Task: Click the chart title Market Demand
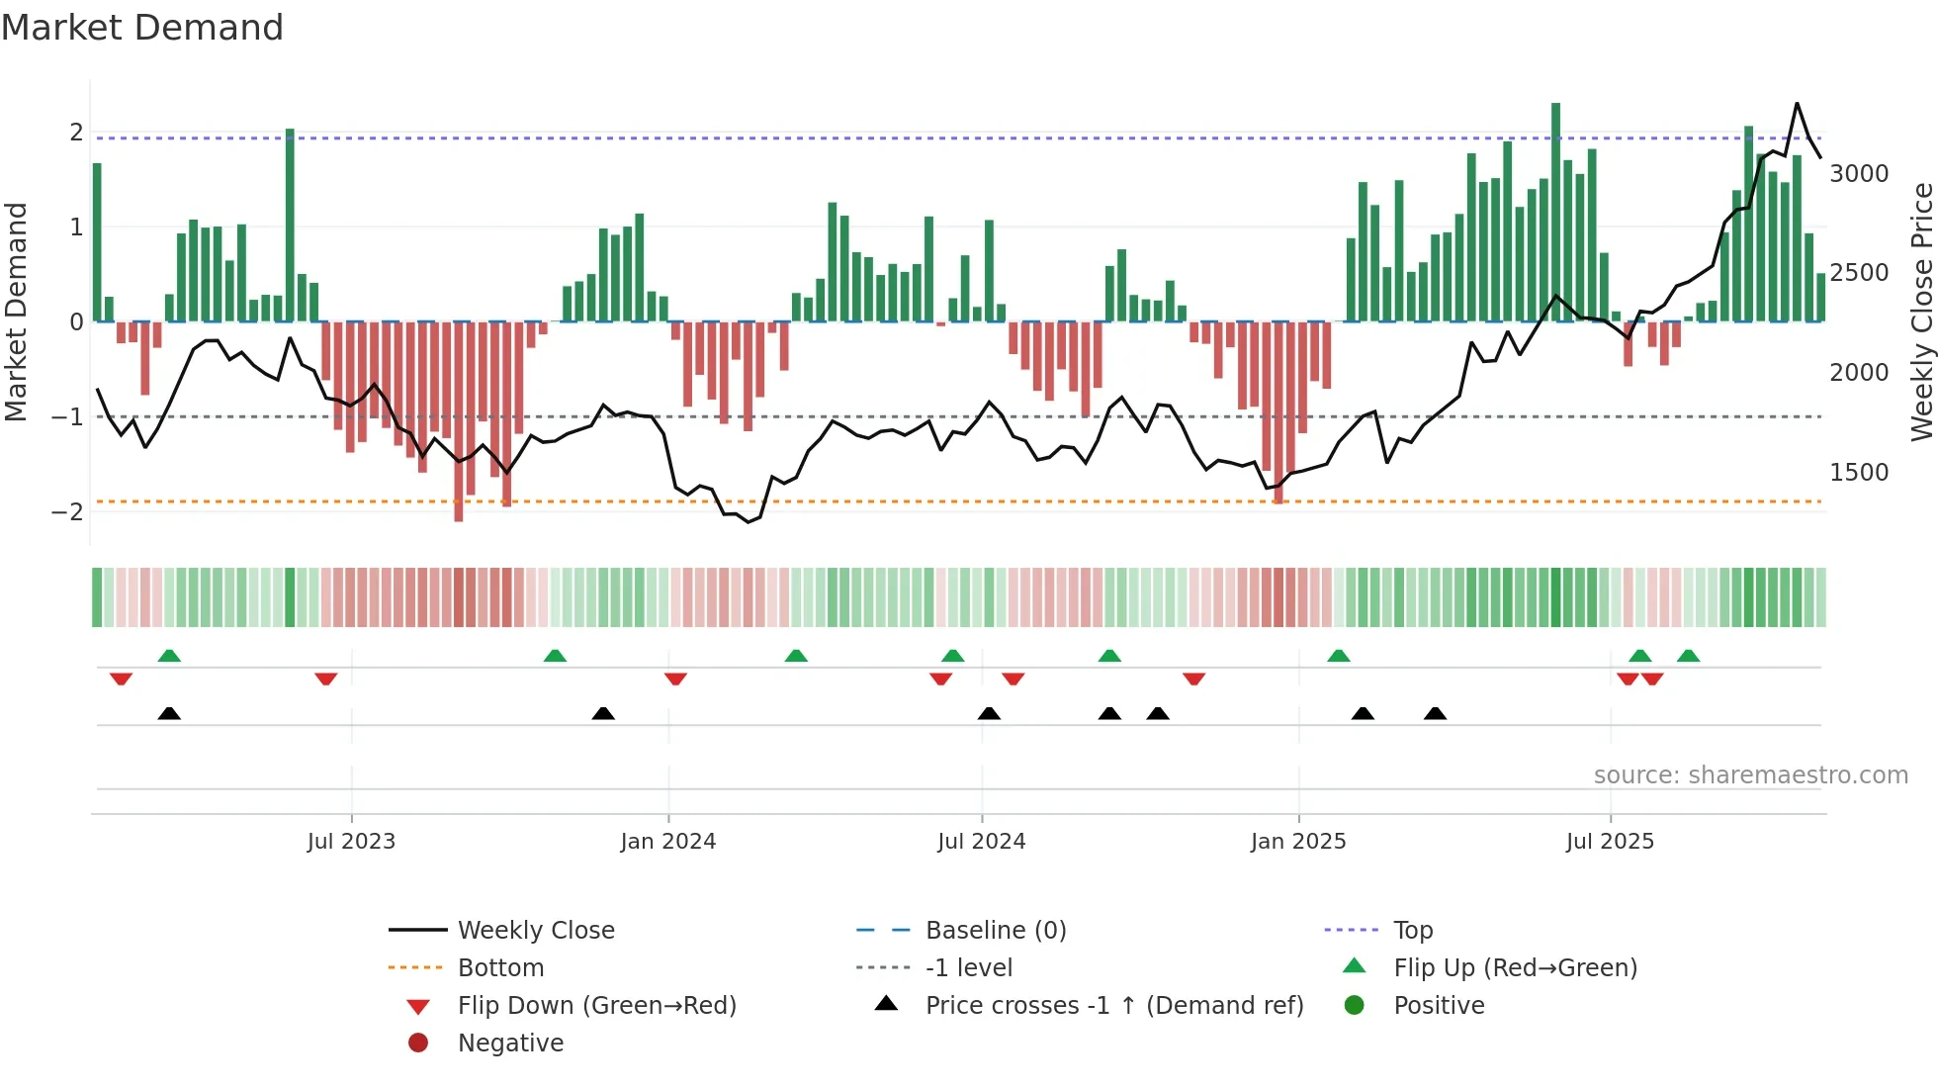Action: pos(142,28)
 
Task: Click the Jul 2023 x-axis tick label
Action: pos(351,842)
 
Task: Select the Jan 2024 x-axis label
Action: pos(667,842)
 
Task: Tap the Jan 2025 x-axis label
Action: pos(1297,842)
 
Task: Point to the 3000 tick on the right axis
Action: pos(1859,174)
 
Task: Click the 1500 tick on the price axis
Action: pos(1859,473)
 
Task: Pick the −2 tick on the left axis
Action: pos(67,512)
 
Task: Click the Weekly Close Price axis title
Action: pos(1921,312)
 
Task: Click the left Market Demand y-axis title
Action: pos(17,312)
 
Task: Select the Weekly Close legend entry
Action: pos(535,931)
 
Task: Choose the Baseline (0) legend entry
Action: pos(995,931)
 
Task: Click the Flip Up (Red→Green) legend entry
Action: pos(1515,968)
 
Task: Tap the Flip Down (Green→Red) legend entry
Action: pos(596,1006)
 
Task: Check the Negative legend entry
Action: pos(510,1044)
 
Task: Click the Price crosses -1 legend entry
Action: pos(1113,1006)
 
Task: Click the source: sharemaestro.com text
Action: pos(1750,775)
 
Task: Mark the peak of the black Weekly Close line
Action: pos(1797,104)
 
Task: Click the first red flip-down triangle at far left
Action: pos(121,680)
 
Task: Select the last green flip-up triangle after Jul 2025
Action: pos(1688,656)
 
